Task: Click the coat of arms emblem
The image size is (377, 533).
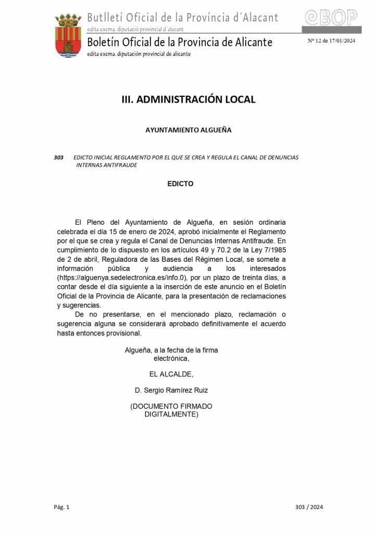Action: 68,35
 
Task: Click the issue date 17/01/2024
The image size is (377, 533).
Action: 340,41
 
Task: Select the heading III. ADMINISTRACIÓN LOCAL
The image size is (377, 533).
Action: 188,99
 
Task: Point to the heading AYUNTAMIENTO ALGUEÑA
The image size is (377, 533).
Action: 188,130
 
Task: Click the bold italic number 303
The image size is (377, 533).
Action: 58,157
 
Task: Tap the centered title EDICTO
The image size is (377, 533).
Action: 180,184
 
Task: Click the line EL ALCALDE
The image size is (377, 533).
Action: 171,374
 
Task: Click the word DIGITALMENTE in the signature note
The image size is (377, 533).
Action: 171,415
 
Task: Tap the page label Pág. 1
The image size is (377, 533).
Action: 61,506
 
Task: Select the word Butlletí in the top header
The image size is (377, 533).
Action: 106,17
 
